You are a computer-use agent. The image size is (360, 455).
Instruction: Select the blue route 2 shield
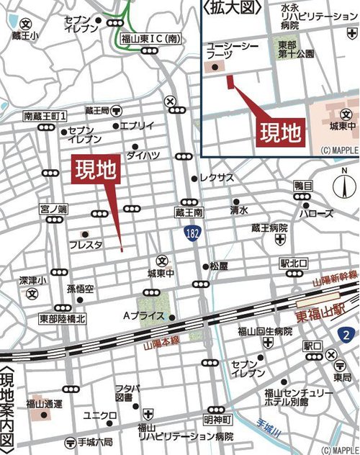[x=346, y=315]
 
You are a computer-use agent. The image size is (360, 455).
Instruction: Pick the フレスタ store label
[x=86, y=245]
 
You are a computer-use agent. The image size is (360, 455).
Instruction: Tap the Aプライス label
[x=144, y=316]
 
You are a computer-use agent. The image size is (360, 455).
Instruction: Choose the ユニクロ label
[x=99, y=415]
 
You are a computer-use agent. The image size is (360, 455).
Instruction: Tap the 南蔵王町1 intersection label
[x=45, y=115]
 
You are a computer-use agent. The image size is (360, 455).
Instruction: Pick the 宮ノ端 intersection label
[x=53, y=209]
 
